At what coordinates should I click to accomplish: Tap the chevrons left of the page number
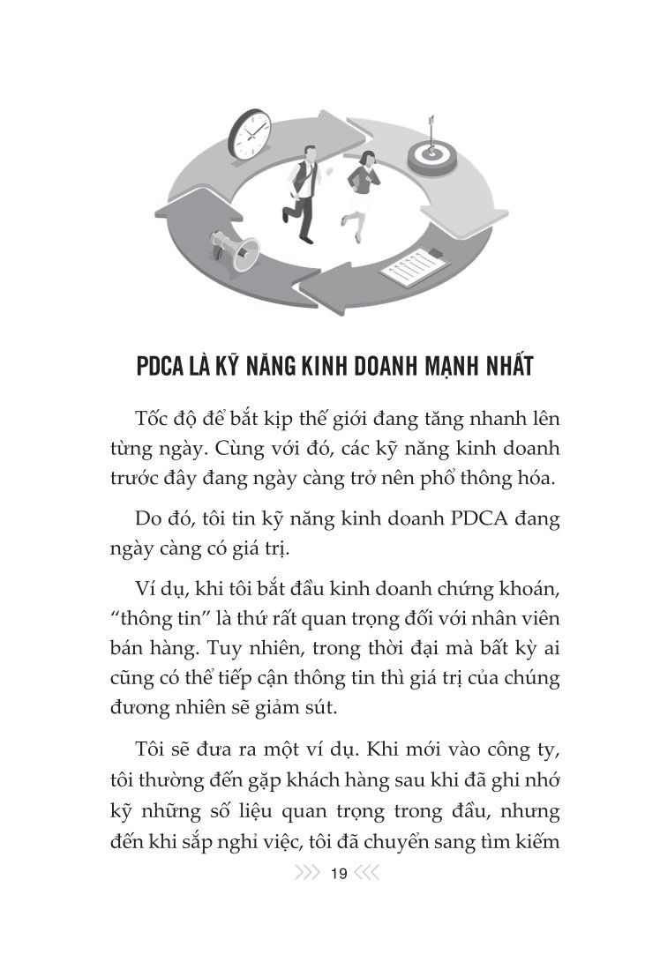pos(307,874)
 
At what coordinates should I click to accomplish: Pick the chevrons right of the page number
pos(365,874)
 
